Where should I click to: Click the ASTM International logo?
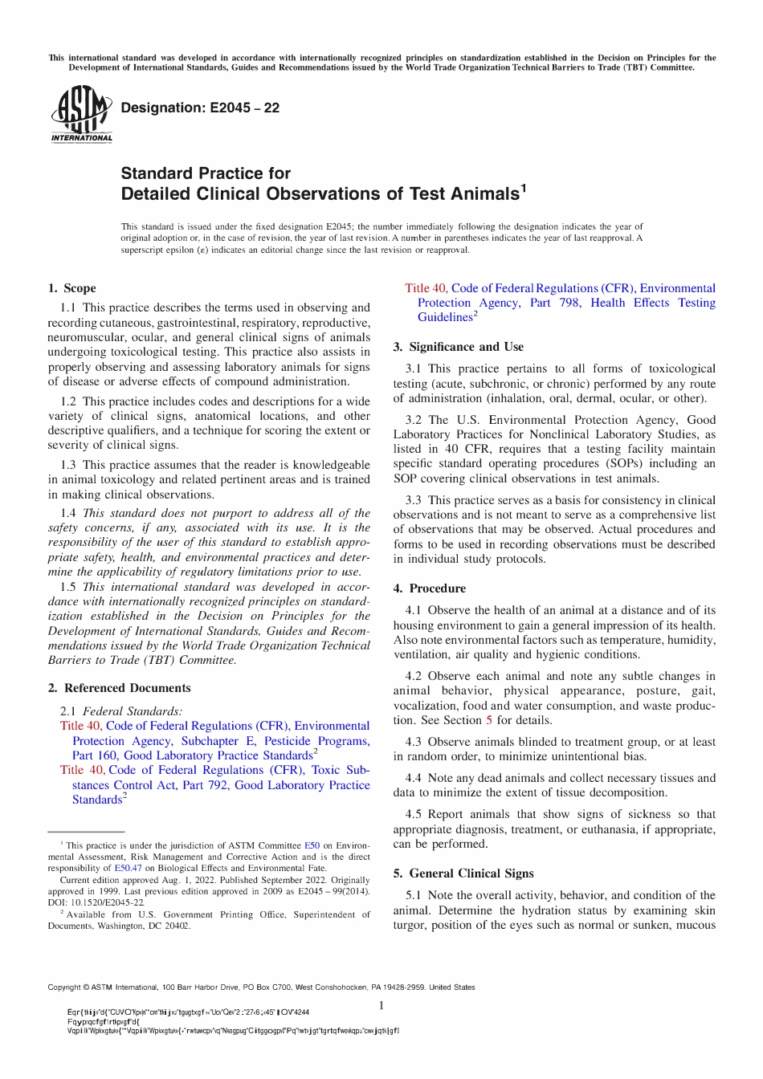(81, 115)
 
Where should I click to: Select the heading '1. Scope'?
(71, 288)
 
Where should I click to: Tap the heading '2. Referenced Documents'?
(119, 688)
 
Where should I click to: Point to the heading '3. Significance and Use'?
(458, 347)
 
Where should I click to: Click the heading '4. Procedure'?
(429, 588)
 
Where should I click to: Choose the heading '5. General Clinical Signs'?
(463, 873)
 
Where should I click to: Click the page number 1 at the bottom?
(381, 1006)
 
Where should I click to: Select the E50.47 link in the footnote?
(128, 868)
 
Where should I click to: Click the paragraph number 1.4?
(68, 513)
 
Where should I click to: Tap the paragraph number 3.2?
(414, 420)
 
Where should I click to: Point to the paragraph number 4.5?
(414, 814)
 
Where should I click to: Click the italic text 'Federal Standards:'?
(133, 711)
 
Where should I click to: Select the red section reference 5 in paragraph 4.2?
(489, 720)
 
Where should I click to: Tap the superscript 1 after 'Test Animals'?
(524, 188)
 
